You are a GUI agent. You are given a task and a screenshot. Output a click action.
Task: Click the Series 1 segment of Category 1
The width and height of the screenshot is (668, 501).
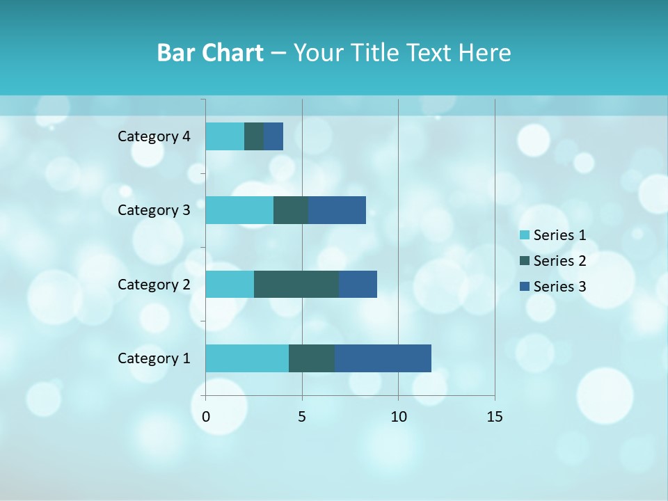pos(247,358)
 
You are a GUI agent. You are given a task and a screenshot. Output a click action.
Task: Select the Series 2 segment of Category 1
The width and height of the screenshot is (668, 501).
pos(312,358)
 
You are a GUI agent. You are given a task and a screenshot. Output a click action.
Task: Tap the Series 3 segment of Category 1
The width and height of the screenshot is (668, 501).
pos(383,358)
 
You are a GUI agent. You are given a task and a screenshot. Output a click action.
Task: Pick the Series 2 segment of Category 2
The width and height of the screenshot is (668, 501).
pos(296,284)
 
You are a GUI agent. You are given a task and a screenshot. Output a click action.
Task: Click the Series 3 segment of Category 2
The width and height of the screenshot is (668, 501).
pos(358,284)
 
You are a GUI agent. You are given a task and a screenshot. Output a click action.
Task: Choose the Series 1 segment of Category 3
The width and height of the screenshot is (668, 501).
pos(239,210)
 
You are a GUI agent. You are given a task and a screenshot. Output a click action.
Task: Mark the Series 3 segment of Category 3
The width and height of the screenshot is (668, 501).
pos(337,210)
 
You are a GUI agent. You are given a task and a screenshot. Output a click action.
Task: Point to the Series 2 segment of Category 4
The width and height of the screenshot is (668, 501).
pos(254,136)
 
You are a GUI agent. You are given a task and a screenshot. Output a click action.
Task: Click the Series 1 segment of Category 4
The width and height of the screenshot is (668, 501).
pos(225,136)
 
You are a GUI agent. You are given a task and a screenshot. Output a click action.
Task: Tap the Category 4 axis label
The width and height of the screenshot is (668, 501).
pos(154,136)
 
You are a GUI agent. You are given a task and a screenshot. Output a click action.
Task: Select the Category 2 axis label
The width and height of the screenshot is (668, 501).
pos(154,284)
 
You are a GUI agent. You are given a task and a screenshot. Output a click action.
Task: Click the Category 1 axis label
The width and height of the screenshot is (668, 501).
pos(154,358)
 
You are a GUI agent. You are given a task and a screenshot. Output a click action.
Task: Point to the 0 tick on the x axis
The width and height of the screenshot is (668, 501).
pos(206,417)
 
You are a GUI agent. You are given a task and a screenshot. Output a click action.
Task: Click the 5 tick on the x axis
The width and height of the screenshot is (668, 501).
pos(302,417)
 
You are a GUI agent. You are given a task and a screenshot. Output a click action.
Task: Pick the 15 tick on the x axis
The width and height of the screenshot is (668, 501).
pos(494,417)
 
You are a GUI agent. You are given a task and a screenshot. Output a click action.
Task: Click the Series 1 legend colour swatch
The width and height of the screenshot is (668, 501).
pos(525,235)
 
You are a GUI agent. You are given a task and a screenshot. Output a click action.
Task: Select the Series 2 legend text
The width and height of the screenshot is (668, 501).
pos(559,261)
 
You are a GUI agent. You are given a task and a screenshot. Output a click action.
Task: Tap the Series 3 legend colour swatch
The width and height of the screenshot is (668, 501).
pos(525,287)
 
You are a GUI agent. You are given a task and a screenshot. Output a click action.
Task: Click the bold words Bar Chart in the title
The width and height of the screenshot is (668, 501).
pos(210,53)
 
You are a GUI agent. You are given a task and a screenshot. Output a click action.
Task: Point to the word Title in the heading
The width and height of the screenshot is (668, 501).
pos(376,53)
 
